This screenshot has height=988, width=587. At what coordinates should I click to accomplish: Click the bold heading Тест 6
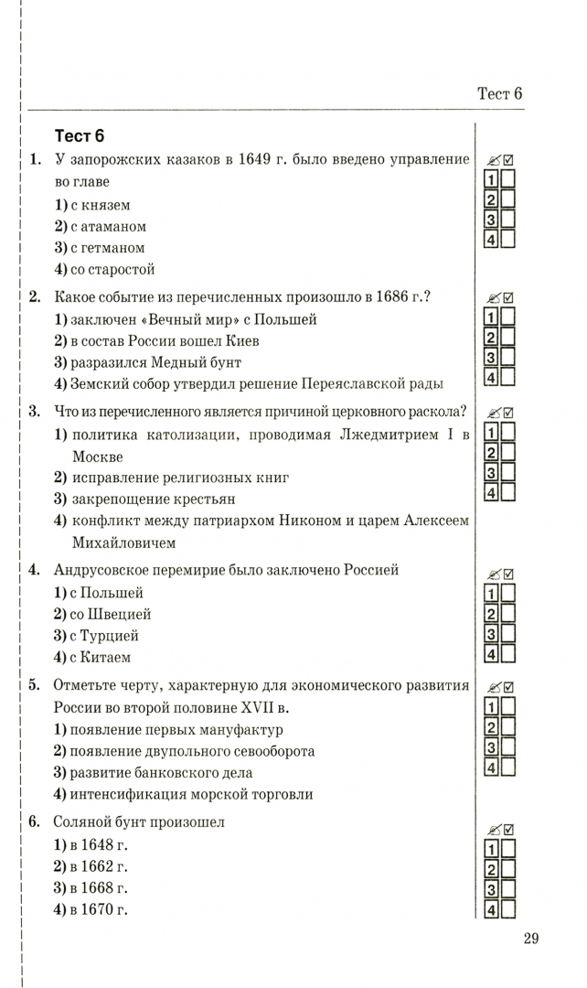pos(80,136)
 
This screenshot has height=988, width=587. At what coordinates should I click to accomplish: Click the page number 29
pos(532,938)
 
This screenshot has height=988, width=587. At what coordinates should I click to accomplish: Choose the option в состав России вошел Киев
pos(156,340)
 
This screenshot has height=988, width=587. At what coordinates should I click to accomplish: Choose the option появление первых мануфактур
pos(168,730)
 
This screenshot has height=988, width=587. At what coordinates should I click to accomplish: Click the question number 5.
pos(34,685)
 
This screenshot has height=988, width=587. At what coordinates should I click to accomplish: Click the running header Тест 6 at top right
pos(499,93)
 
